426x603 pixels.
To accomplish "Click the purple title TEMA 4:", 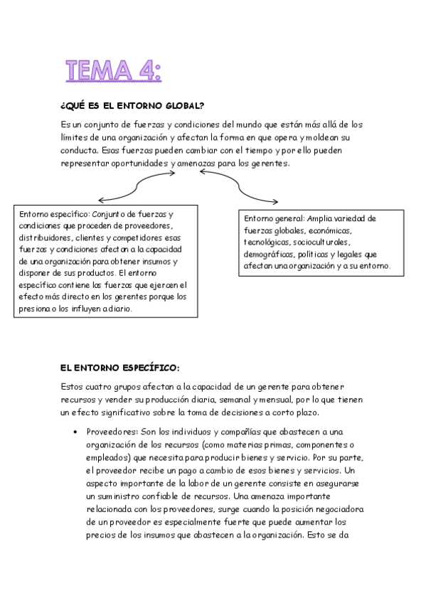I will tap(113, 71).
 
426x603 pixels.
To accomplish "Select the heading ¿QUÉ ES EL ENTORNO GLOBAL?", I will tap(133, 106).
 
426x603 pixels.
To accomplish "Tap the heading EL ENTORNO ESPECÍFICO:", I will tap(120, 368).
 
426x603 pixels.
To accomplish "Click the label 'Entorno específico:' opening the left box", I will tap(54, 214).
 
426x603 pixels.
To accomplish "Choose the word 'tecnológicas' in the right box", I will tap(268, 242).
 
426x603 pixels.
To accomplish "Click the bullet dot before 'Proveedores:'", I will tap(75, 432).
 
